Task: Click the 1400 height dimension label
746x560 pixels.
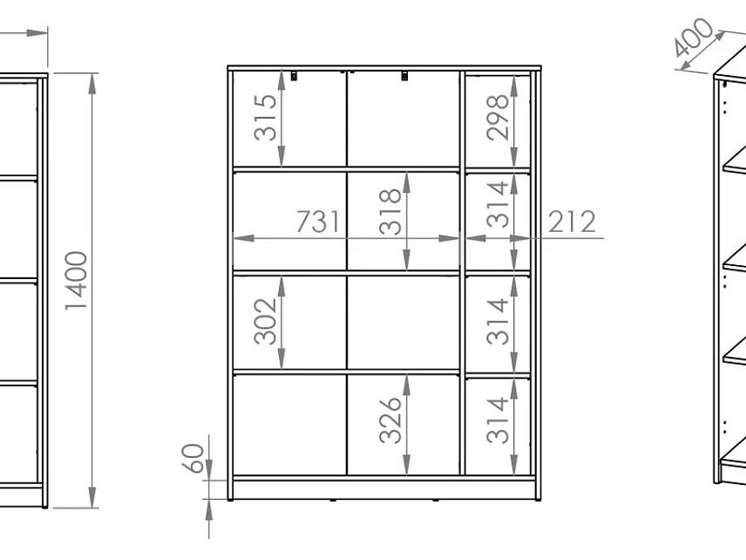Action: (76, 281)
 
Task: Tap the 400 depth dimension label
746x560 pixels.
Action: (694, 38)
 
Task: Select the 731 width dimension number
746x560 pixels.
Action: (319, 222)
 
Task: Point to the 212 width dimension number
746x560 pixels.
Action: (572, 222)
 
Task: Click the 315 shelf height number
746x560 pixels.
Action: (265, 118)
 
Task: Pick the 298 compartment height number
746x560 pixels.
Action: (498, 118)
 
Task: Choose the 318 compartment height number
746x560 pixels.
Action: (390, 211)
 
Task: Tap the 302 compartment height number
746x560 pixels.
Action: (265, 321)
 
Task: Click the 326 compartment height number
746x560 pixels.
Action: (390, 420)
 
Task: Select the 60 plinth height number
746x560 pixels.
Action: (193, 458)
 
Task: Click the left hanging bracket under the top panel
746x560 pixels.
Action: (294, 75)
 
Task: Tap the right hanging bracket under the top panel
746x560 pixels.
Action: (405, 75)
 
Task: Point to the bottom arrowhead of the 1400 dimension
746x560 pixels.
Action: (92, 497)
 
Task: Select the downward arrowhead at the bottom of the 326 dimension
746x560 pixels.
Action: (407, 465)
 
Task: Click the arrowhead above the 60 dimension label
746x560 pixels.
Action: (209, 470)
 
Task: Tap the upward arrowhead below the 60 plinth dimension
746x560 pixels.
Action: (209, 510)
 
